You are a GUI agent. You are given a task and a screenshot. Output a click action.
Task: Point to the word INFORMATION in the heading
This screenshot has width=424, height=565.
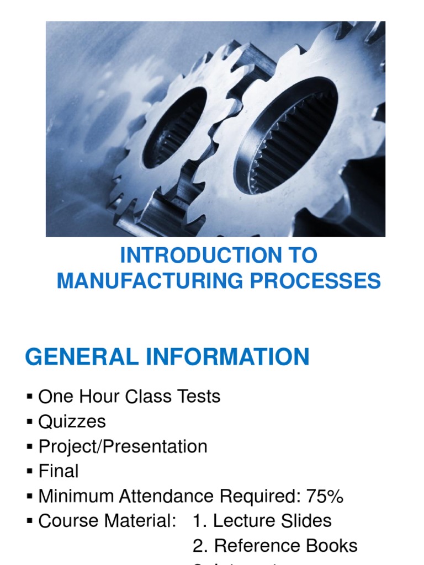pos(227,356)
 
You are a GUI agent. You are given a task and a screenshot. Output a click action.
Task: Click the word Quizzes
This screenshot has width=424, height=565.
pos(72,422)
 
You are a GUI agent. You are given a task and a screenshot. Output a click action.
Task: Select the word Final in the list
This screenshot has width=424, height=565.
pos(59,471)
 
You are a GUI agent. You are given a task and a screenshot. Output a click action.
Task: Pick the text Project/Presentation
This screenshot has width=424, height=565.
pos(123,446)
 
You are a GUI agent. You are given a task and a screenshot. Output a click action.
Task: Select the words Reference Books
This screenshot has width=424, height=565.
pos(285,546)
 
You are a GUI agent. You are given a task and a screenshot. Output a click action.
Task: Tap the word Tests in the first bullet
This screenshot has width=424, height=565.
pos(196,397)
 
